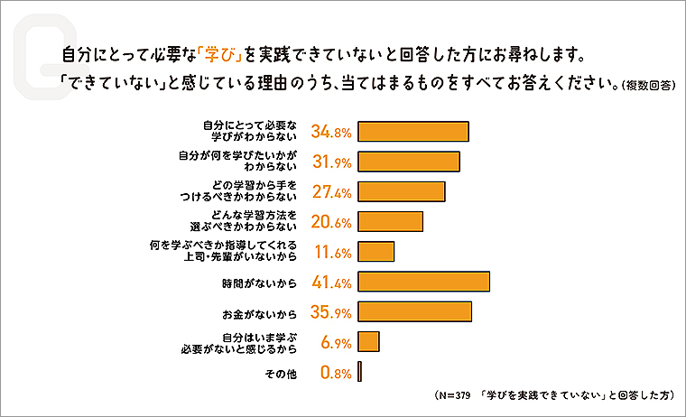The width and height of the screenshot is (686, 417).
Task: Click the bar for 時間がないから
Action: pyautogui.click(x=423, y=282)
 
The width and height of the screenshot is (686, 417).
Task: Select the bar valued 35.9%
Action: pyautogui.click(x=414, y=311)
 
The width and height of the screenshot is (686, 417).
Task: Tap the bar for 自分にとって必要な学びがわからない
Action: pyautogui.click(x=413, y=131)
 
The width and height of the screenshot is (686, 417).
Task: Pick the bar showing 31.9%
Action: pyautogui.click(x=409, y=162)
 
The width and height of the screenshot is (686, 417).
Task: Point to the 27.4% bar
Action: pyautogui.click(x=402, y=191)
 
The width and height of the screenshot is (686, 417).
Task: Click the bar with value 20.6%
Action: pyautogui.click(x=390, y=221)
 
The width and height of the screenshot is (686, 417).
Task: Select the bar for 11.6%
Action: pyautogui.click(x=376, y=252)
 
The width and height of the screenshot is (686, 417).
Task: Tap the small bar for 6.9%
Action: pyautogui.click(x=368, y=341)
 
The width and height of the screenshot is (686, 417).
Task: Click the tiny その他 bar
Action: pyautogui.click(x=359, y=371)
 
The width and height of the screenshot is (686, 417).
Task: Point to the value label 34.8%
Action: pyautogui.click(x=330, y=132)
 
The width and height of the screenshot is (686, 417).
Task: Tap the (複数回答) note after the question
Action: pyautogui.click(x=647, y=87)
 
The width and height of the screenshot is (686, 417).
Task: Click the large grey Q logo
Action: pyautogui.click(x=36, y=54)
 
